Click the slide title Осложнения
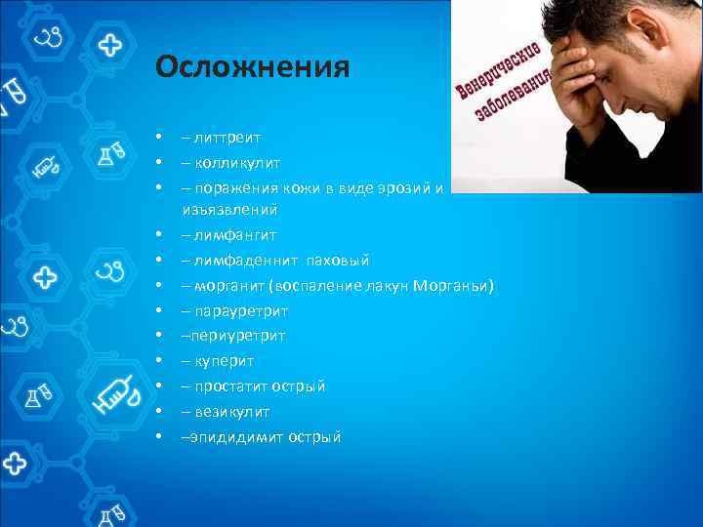tap(252, 67)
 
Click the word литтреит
tap(227, 139)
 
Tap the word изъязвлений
tap(229, 209)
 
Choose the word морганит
tap(230, 286)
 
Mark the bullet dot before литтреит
tap(157, 139)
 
